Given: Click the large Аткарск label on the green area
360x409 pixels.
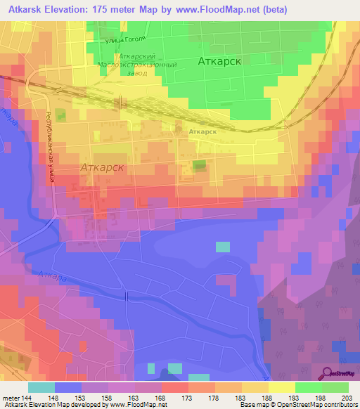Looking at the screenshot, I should tap(220, 61).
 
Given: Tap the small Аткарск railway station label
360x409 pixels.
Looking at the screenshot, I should tap(202, 131).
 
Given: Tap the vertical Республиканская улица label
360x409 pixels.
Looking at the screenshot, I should tap(50, 148).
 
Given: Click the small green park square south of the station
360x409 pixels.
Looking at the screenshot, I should tap(200, 165).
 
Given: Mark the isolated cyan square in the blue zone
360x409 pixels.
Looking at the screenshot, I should tap(222, 247).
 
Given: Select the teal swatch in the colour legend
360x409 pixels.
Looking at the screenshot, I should tap(41, 387).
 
